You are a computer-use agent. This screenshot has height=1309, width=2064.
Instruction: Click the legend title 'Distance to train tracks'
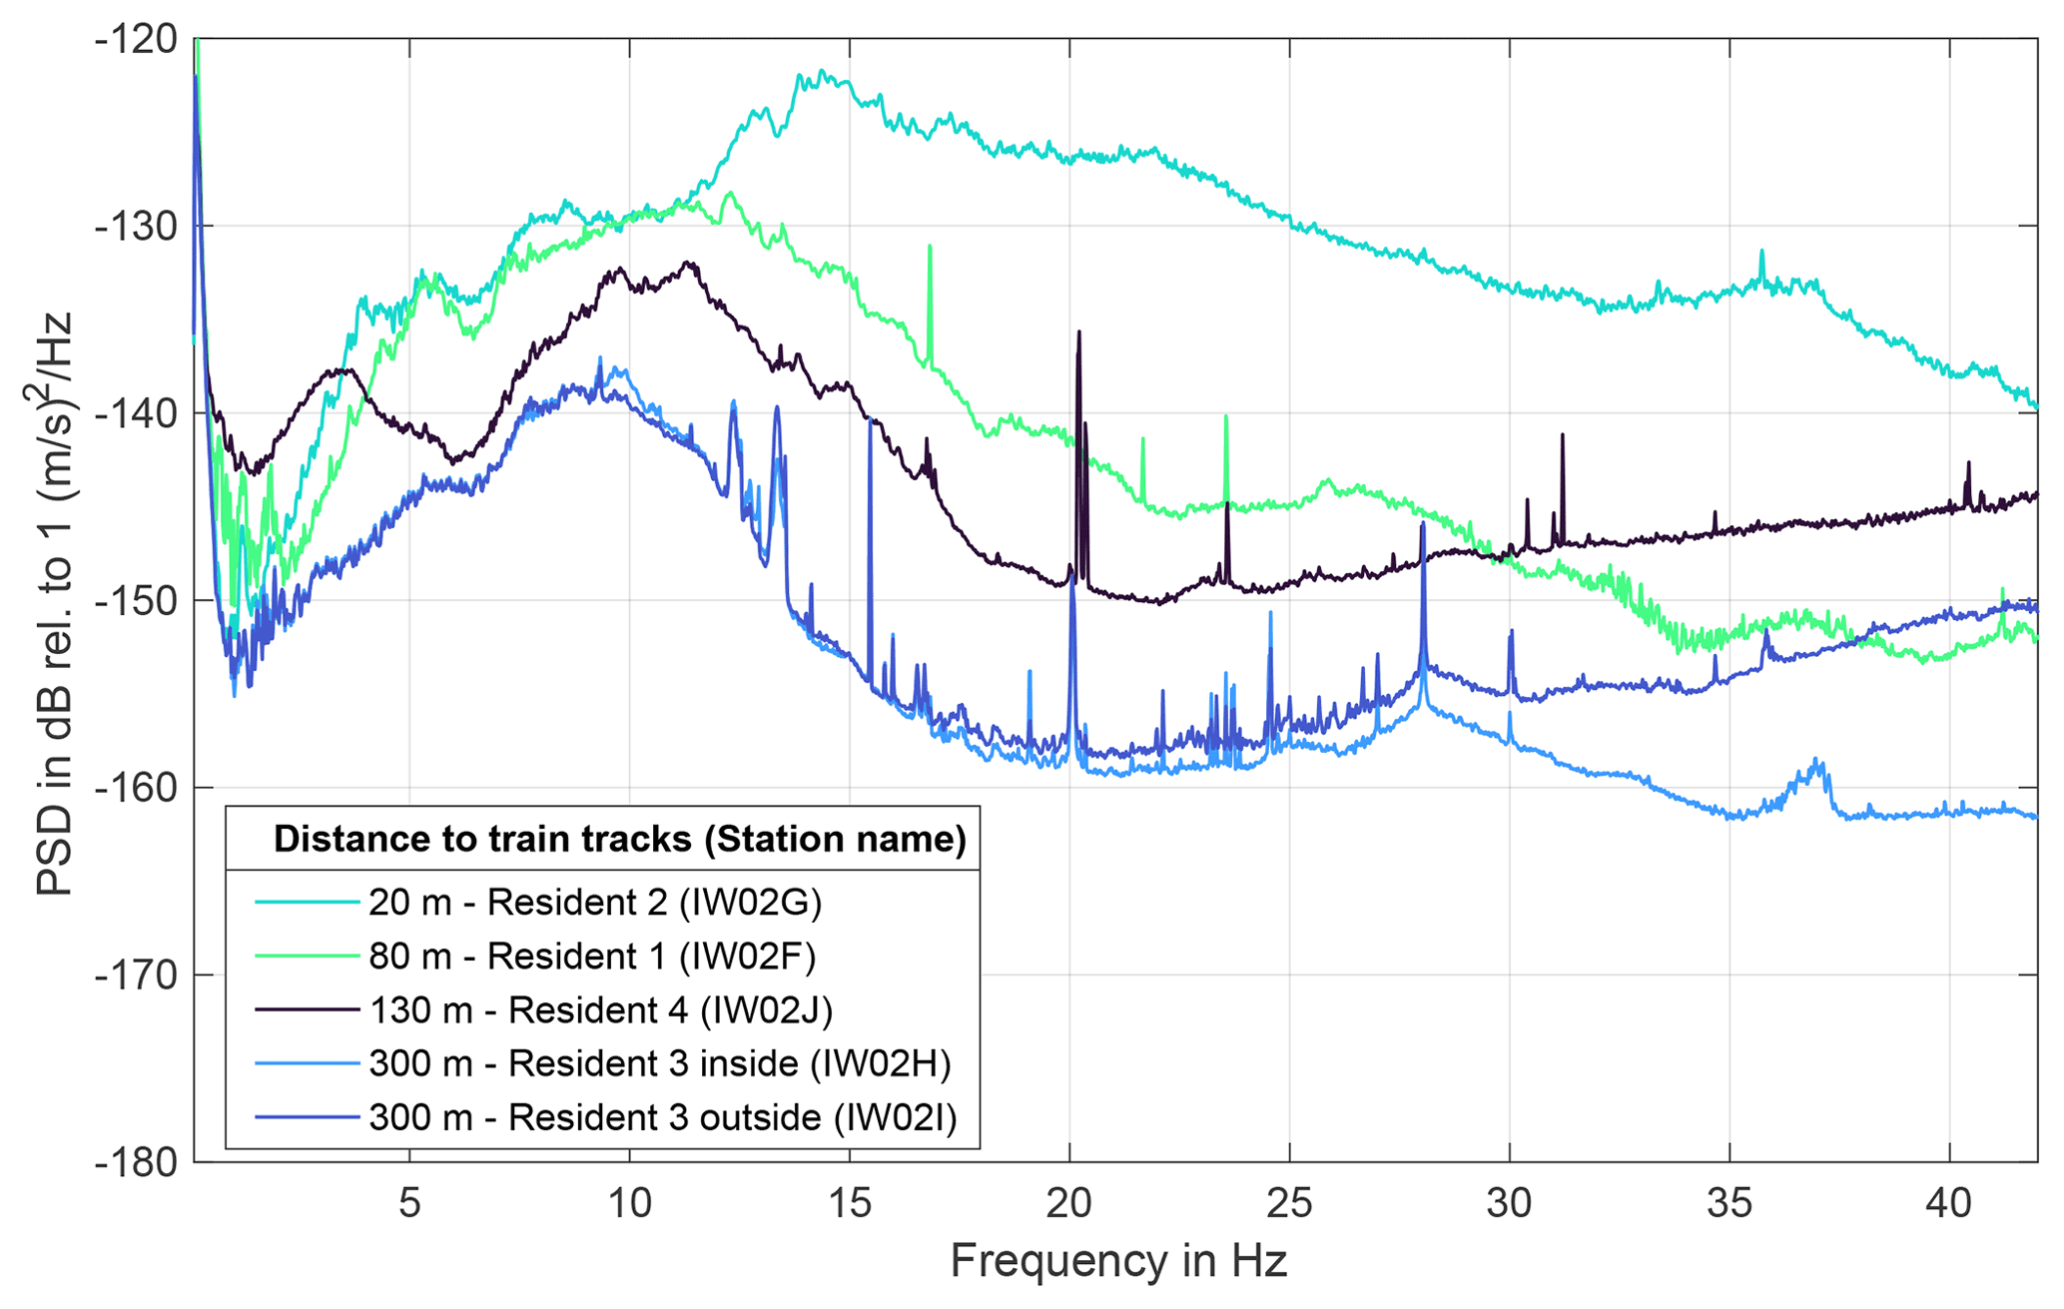(619, 840)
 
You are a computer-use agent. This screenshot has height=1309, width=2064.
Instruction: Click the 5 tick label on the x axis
(409, 1204)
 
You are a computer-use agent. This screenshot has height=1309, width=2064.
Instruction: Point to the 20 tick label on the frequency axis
(1069, 1204)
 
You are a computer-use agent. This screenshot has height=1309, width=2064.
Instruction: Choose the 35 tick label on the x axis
(1729, 1204)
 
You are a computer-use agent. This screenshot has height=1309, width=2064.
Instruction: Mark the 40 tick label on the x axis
(1949, 1204)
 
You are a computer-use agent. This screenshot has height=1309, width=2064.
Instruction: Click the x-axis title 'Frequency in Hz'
(1118, 1261)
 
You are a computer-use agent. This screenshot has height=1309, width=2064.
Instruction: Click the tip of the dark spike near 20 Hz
(1079, 332)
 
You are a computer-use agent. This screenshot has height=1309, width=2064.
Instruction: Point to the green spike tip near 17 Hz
(930, 246)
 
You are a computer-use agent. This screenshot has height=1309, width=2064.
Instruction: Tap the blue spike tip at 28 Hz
(1422, 524)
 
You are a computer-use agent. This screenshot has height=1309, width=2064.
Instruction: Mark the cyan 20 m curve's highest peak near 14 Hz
(822, 71)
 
